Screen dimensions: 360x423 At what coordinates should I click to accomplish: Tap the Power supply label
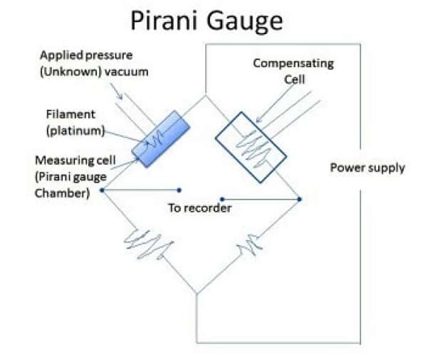click(367, 168)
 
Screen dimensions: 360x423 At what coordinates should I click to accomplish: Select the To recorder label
click(200, 208)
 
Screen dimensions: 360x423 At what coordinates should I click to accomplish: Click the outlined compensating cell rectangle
click(249, 142)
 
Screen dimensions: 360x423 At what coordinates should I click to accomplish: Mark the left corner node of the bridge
click(103, 190)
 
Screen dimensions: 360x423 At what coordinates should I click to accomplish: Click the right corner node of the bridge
click(300, 199)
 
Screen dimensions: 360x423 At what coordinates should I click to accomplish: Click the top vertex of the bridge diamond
click(206, 96)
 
